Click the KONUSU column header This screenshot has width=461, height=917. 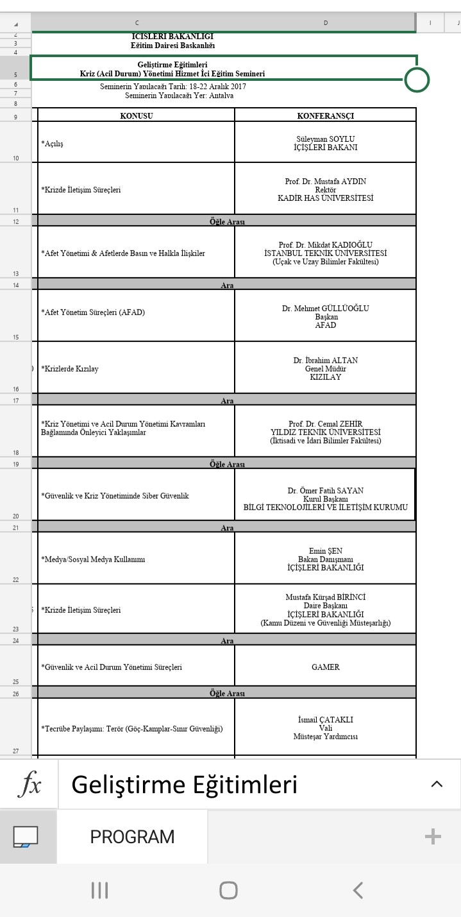pyautogui.click(x=137, y=116)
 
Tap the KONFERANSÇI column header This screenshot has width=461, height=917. pyautogui.click(x=325, y=116)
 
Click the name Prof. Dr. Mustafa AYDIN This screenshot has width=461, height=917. pyautogui.click(x=325, y=182)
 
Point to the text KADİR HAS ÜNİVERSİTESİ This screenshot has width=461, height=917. pyautogui.click(x=325, y=198)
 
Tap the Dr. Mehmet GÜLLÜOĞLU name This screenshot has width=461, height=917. pyautogui.click(x=325, y=309)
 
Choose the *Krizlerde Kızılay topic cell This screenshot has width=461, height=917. pyautogui.click(x=70, y=369)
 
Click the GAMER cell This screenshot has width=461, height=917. pyautogui.click(x=325, y=667)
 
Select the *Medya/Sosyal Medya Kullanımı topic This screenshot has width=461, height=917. pyautogui.click(x=94, y=560)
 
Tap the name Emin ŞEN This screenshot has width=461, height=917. pyautogui.click(x=325, y=551)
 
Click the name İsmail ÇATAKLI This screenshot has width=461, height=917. pyautogui.click(x=325, y=720)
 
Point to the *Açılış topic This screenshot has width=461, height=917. pyautogui.click(x=53, y=144)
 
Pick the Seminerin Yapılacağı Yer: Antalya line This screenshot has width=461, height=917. pyautogui.click(x=179, y=96)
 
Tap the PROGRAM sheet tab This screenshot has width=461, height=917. pyautogui.click(x=132, y=837)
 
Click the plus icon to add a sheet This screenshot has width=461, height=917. pyautogui.click(x=433, y=836)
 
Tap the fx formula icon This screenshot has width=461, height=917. pyautogui.click(x=29, y=785)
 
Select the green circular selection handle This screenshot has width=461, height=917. pyautogui.click(x=417, y=80)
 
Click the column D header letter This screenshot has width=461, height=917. pyautogui.click(x=325, y=22)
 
